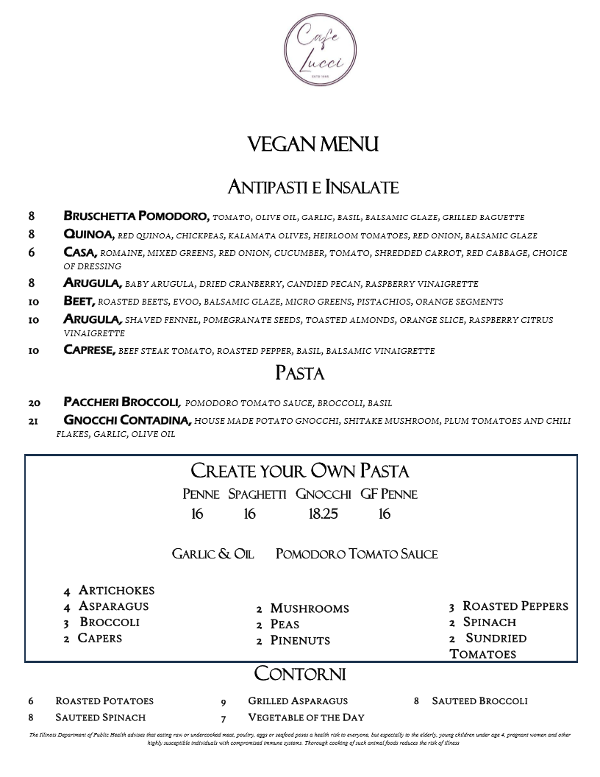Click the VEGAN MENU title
(313, 144)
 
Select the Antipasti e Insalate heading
(313, 187)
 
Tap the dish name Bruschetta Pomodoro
(137, 216)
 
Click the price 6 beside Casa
(32, 252)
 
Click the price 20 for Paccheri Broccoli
(34, 402)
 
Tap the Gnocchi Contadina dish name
(127, 420)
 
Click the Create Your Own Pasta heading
(300, 471)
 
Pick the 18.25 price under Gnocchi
(323, 514)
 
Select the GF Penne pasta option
(389, 494)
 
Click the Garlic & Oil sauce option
(213, 554)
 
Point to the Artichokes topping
(116, 590)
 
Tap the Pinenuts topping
(300, 640)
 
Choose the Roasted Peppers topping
(515, 606)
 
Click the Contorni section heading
(300, 674)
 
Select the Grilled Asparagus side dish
(298, 700)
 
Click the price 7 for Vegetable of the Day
(224, 718)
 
